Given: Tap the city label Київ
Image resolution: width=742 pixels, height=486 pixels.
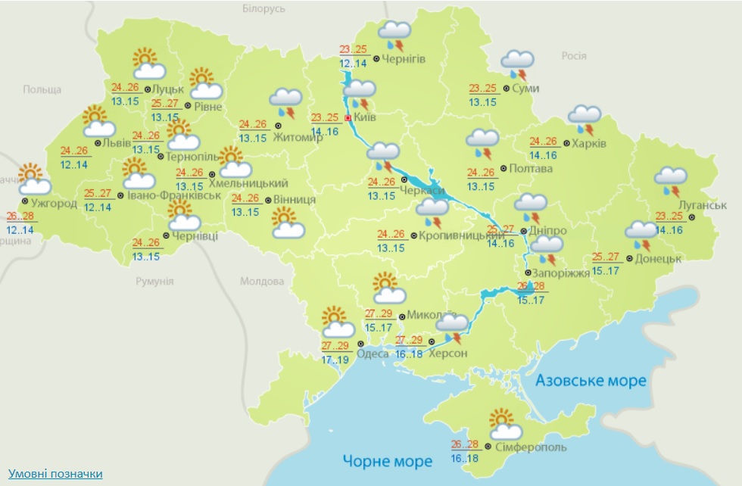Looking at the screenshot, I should (365, 118).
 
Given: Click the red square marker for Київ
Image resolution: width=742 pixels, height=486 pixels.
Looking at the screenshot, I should (348, 119).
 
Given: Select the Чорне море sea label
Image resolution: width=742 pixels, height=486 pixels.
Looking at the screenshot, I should (387, 460).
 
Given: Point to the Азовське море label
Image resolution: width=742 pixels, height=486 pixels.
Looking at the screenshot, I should (591, 380).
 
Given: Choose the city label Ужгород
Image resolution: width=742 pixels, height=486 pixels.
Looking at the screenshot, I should (54, 203).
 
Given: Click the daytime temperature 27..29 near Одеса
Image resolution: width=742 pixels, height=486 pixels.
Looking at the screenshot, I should (335, 346).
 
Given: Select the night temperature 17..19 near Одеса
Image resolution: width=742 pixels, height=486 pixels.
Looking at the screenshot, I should (335, 360).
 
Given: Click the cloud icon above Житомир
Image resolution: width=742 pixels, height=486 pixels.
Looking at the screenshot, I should (286, 101).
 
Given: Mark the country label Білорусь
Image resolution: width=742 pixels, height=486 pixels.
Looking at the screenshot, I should (264, 8).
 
